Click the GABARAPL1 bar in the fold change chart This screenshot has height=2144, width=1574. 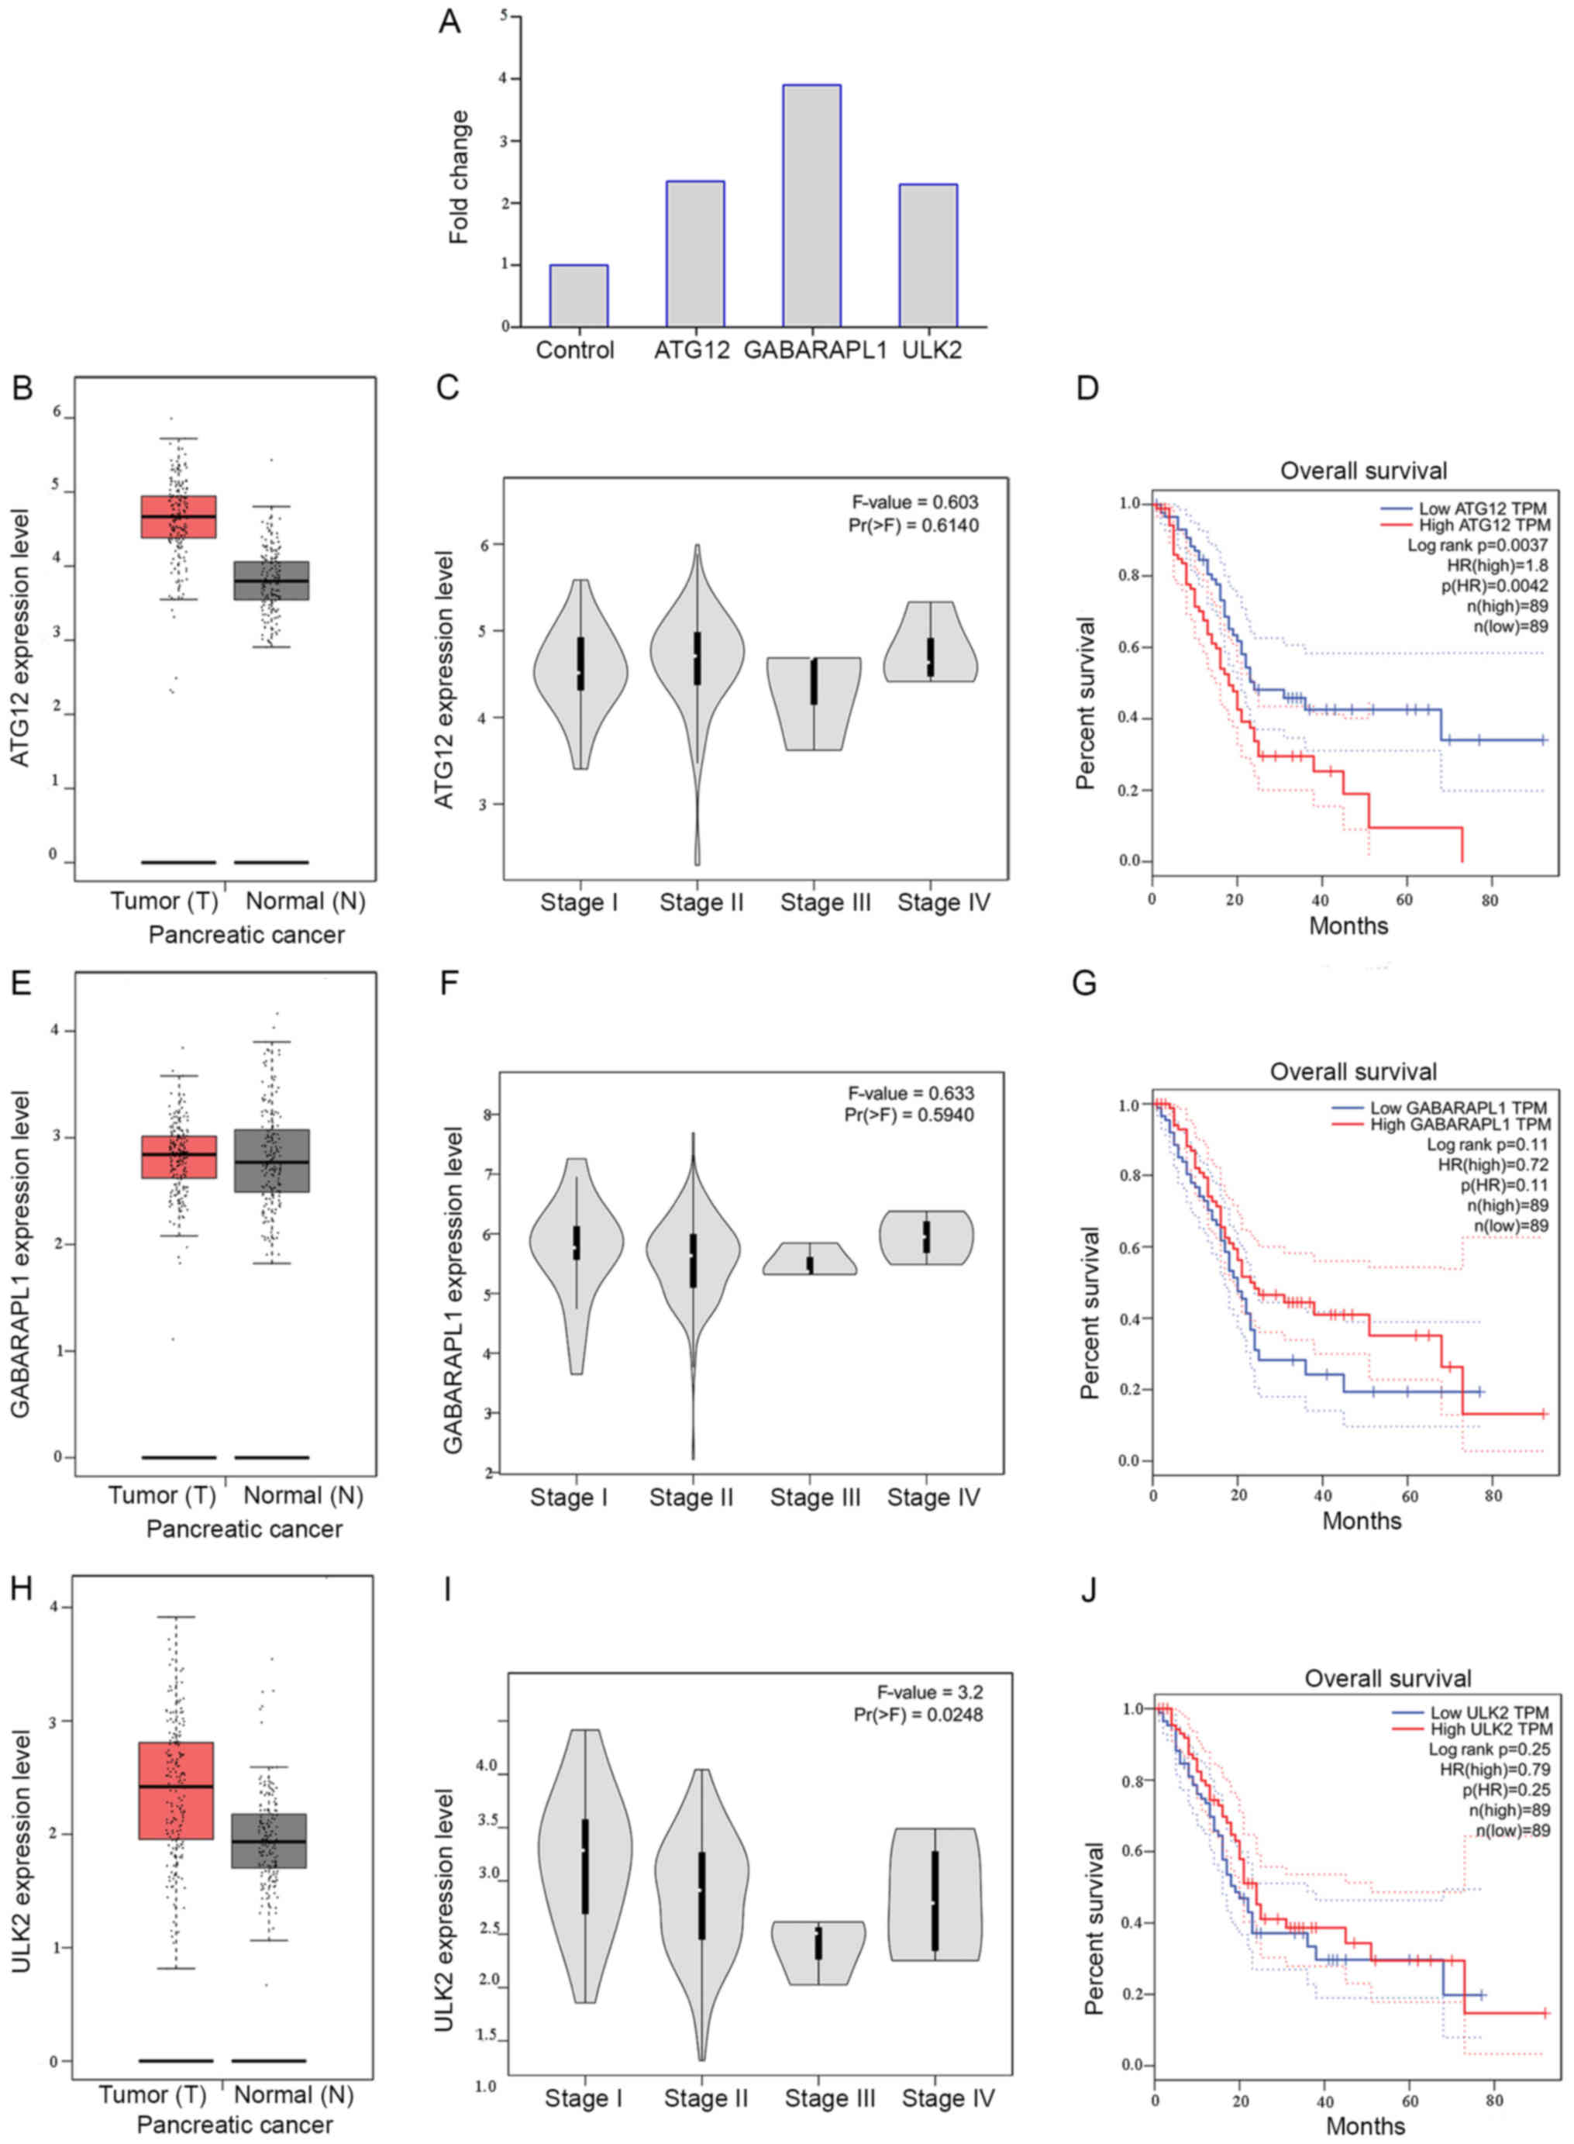[x=811, y=206]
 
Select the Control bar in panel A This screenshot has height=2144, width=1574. [x=578, y=295]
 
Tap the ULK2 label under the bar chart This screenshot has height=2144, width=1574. [x=931, y=350]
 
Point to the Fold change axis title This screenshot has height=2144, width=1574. [x=460, y=178]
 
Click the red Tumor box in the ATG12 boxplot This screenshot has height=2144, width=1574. [x=178, y=516]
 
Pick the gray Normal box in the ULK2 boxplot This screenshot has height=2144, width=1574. [x=270, y=1840]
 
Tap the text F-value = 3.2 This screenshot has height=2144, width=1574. [x=929, y=1692]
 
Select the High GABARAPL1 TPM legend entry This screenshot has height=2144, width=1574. [x=1458, y=1125]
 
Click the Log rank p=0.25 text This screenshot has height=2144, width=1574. [x=1488, y=1749]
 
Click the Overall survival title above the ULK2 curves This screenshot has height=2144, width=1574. [x=1387, y=1678]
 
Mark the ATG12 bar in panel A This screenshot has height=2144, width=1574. [x=694, y=253]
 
